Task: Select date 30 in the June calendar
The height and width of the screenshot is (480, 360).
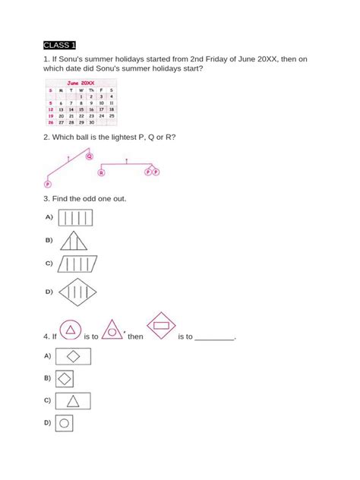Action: [x=91, y=122]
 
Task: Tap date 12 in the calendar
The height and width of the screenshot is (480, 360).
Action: [x=51, y=109]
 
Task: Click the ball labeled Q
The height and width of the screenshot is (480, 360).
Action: [x=89, y=157]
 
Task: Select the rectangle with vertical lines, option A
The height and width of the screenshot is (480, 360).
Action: [x=75, y=219]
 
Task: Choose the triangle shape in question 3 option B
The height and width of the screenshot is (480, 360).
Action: [x=75, y=242]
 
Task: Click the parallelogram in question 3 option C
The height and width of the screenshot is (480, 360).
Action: [x=77, y=266]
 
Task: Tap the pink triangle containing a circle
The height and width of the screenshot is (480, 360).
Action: [x=112, y=330]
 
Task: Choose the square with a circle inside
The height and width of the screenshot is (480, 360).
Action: [x=65, y=423]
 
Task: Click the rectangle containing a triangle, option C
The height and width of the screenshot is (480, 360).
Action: [x=74, y=400]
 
